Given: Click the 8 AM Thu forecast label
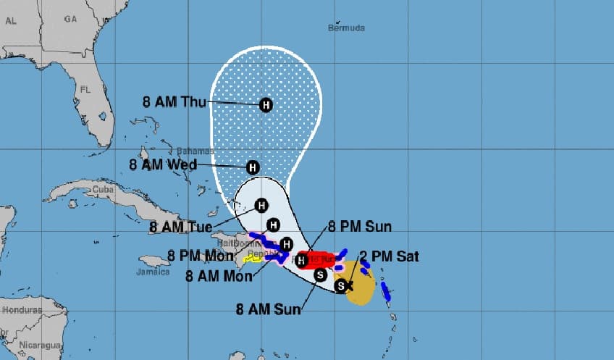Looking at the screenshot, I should coord(175,101).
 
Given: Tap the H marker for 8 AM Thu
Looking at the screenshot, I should coord(266,105).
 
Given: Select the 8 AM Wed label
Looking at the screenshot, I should coord(162,164).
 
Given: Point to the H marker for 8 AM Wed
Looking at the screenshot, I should coord(253,167).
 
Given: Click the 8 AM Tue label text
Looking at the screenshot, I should coord(181,227).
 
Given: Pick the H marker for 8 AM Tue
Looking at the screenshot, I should coord(261,205).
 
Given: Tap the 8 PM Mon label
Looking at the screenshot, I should coord(199,255).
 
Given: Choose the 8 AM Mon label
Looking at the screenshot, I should coord(217,275).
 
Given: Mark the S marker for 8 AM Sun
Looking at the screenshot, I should coord(321,274).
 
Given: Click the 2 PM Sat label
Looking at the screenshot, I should coord(389,256).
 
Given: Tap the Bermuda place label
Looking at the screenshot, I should coord(346,28).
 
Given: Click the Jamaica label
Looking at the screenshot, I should coord(153,272).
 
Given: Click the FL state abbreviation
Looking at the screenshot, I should coord(85,91).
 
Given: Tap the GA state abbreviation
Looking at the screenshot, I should coord(70,20).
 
